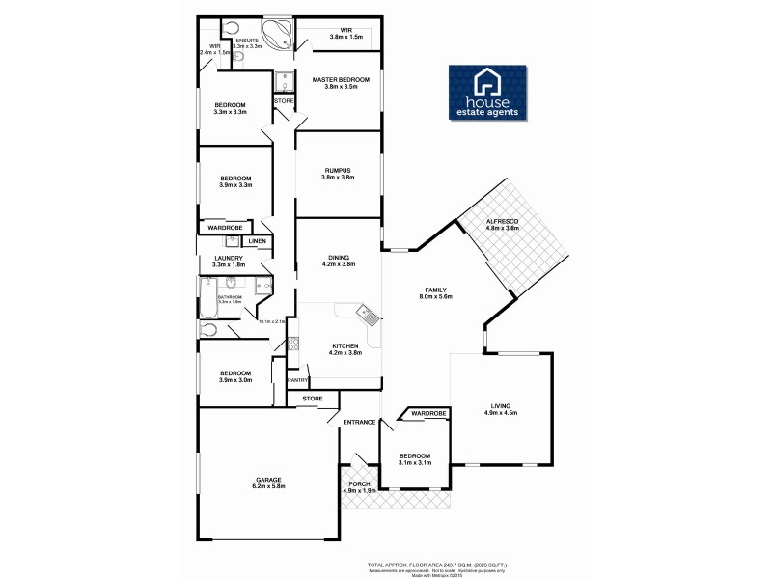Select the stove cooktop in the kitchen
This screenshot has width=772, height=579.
click(290, 345)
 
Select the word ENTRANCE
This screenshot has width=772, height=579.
click(359, 421)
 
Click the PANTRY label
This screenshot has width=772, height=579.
click(298, 380)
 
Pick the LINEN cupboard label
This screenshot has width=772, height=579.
click(257, 241)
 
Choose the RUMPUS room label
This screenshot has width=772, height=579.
click(338, 170)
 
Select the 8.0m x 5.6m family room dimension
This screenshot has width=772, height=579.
click(436, 297)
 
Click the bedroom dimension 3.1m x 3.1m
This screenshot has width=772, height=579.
click(414, 463)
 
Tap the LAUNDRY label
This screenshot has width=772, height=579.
click(229, 258)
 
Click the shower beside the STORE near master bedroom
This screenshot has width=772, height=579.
click(283, 80)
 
